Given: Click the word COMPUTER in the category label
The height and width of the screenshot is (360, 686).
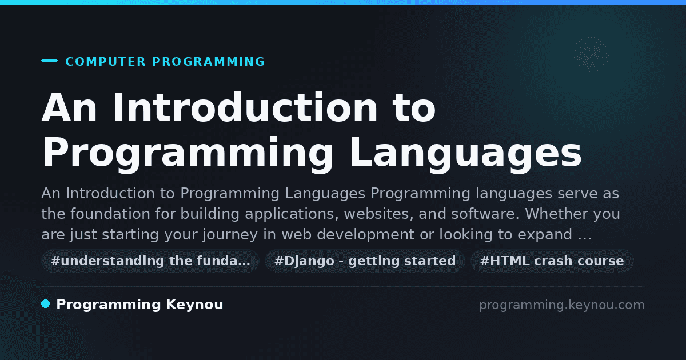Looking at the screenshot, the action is point(105,62).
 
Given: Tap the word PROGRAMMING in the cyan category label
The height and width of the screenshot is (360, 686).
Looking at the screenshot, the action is point(208,62).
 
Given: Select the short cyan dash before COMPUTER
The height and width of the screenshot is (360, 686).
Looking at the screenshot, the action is point(49,61).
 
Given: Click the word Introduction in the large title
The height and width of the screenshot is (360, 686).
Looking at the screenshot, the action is point(245,108).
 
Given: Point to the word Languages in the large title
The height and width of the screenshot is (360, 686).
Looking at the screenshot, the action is point(465,153).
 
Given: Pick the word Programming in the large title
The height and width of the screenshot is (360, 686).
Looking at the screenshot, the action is point(188,153).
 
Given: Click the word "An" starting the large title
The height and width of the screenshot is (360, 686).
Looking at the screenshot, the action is point(69,108).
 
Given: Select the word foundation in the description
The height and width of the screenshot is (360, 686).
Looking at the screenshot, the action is point(110,214).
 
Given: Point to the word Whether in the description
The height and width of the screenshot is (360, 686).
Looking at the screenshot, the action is point(556,214).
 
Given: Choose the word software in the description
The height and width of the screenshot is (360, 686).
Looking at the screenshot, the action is point(485,214).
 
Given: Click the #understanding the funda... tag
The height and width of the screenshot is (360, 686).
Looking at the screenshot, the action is point(150,261).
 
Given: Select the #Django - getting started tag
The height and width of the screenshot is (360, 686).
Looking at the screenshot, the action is point(365,261).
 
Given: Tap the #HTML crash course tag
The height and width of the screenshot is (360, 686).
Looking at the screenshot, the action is point(552,261).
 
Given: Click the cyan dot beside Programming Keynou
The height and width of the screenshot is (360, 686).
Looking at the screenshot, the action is point(46,304).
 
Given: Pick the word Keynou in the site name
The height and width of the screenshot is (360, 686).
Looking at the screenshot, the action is point(194,305).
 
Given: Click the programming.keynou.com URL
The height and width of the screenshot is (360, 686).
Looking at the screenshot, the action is point(562,305).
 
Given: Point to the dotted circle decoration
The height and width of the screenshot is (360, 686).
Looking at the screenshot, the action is point(590,56).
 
